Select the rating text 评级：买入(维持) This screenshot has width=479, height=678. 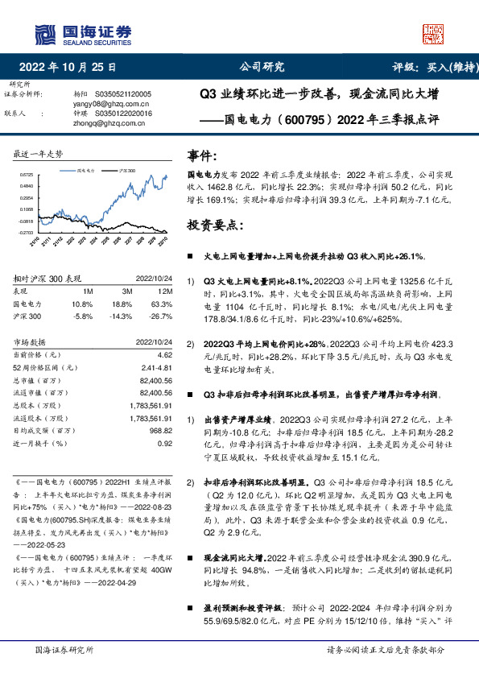[431, 67]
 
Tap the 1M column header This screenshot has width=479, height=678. [88, 291]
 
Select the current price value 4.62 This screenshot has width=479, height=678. [165, 354]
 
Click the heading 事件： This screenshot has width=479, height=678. [202, 155]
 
